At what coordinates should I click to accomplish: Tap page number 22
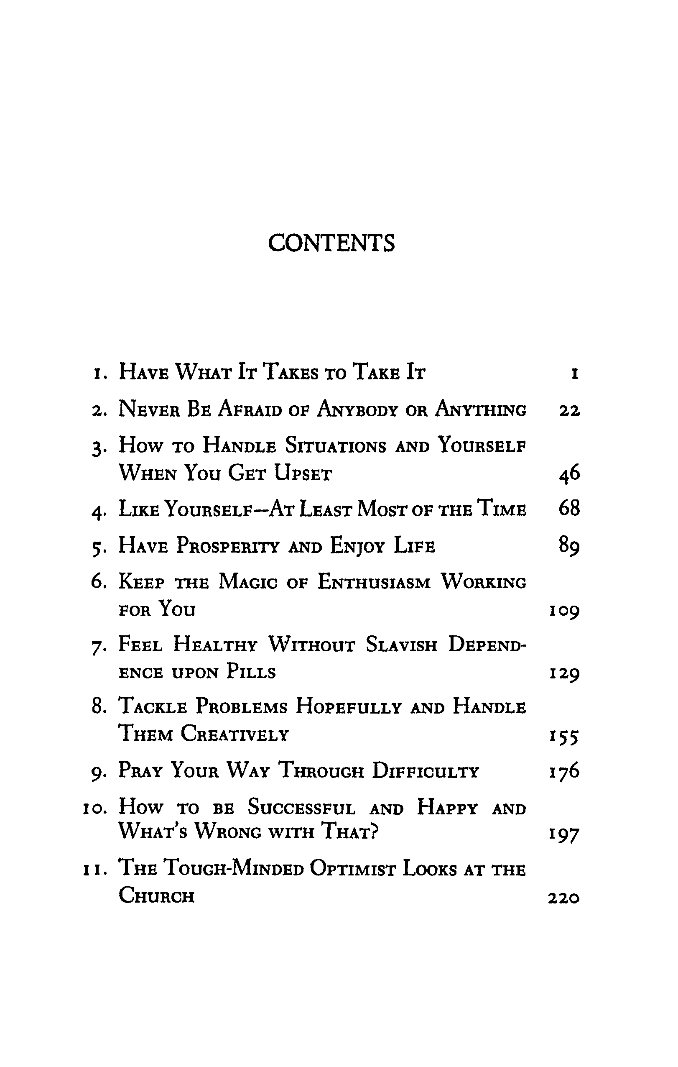(569, 411)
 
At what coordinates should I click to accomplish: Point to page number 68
(569, 508)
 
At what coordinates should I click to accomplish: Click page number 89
(569, 545)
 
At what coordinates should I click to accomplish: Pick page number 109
(564, 612)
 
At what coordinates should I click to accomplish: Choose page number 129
(564, 674)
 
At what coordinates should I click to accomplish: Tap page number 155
(564, 737)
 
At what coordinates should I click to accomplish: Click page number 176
(564, 771)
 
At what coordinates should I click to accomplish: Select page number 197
(564, 835)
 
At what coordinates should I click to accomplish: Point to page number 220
(564, 898)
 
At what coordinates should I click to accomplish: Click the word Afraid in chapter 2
(250, 409)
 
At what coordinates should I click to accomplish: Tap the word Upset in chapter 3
(303, 473)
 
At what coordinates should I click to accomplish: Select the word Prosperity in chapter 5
(228, 545)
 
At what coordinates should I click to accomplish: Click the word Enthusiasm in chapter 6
(374, 582)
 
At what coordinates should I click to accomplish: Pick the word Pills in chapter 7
(251, 672)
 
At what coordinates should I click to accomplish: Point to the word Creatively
(235, 734)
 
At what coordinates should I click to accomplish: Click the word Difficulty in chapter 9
(425, 771)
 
